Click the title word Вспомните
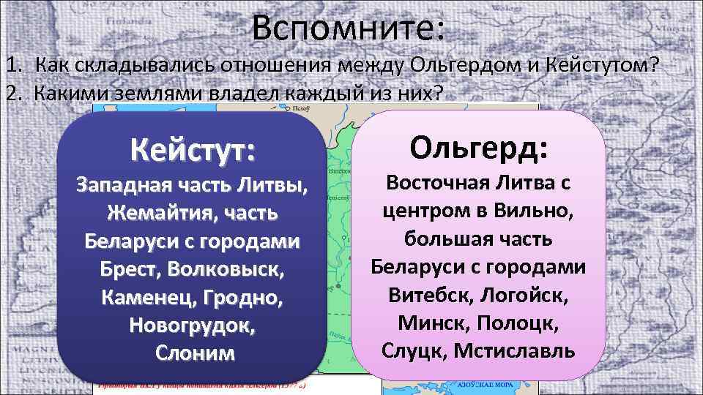point(348,29)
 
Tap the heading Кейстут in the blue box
point(193,152)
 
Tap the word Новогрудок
point(193,324)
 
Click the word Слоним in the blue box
point(195,352)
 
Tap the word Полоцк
point(521,322)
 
